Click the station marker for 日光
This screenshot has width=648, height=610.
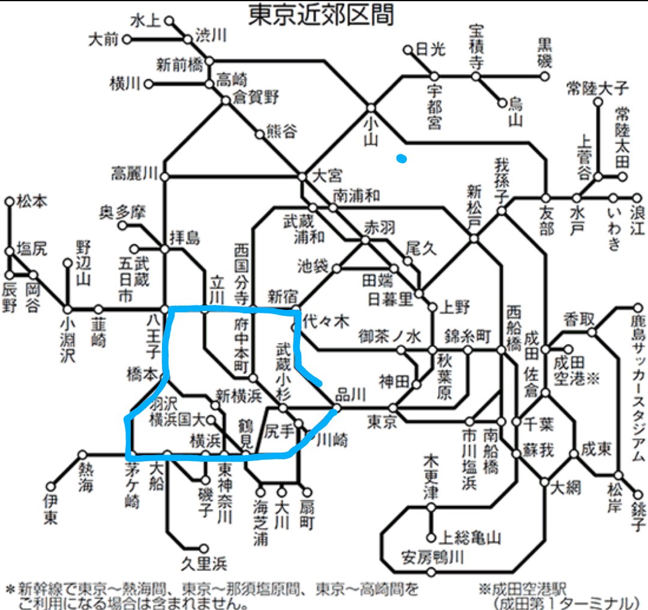408,50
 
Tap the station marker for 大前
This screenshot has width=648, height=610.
127,40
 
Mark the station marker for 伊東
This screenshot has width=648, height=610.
52,485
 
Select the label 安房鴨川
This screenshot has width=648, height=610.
434,558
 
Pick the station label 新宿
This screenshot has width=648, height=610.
282,296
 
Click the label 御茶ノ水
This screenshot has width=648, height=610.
388,335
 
